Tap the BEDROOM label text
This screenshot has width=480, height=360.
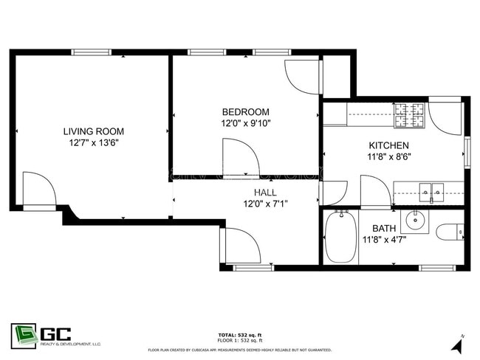click(x=246, y=113)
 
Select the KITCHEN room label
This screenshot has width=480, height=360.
click(x=388, y=145)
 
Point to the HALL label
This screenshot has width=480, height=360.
click(x=244, y=192)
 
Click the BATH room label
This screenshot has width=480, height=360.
click(x=385, y=228)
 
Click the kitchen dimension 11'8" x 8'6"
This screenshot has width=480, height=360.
click(x=388, y=156)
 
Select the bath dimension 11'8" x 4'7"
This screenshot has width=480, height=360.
click(x=385, y=239)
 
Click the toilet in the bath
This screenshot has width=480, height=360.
click(x=450, y=233)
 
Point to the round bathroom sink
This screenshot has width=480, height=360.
click(x=419, y=219)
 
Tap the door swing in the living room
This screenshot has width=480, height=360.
click(x=39, y=190)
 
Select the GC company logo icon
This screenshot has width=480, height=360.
click(x=24, y=334)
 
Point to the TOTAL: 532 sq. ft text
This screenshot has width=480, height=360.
click(x=239, y=334)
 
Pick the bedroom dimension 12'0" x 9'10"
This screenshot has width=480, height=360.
click(x=246, y=124)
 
